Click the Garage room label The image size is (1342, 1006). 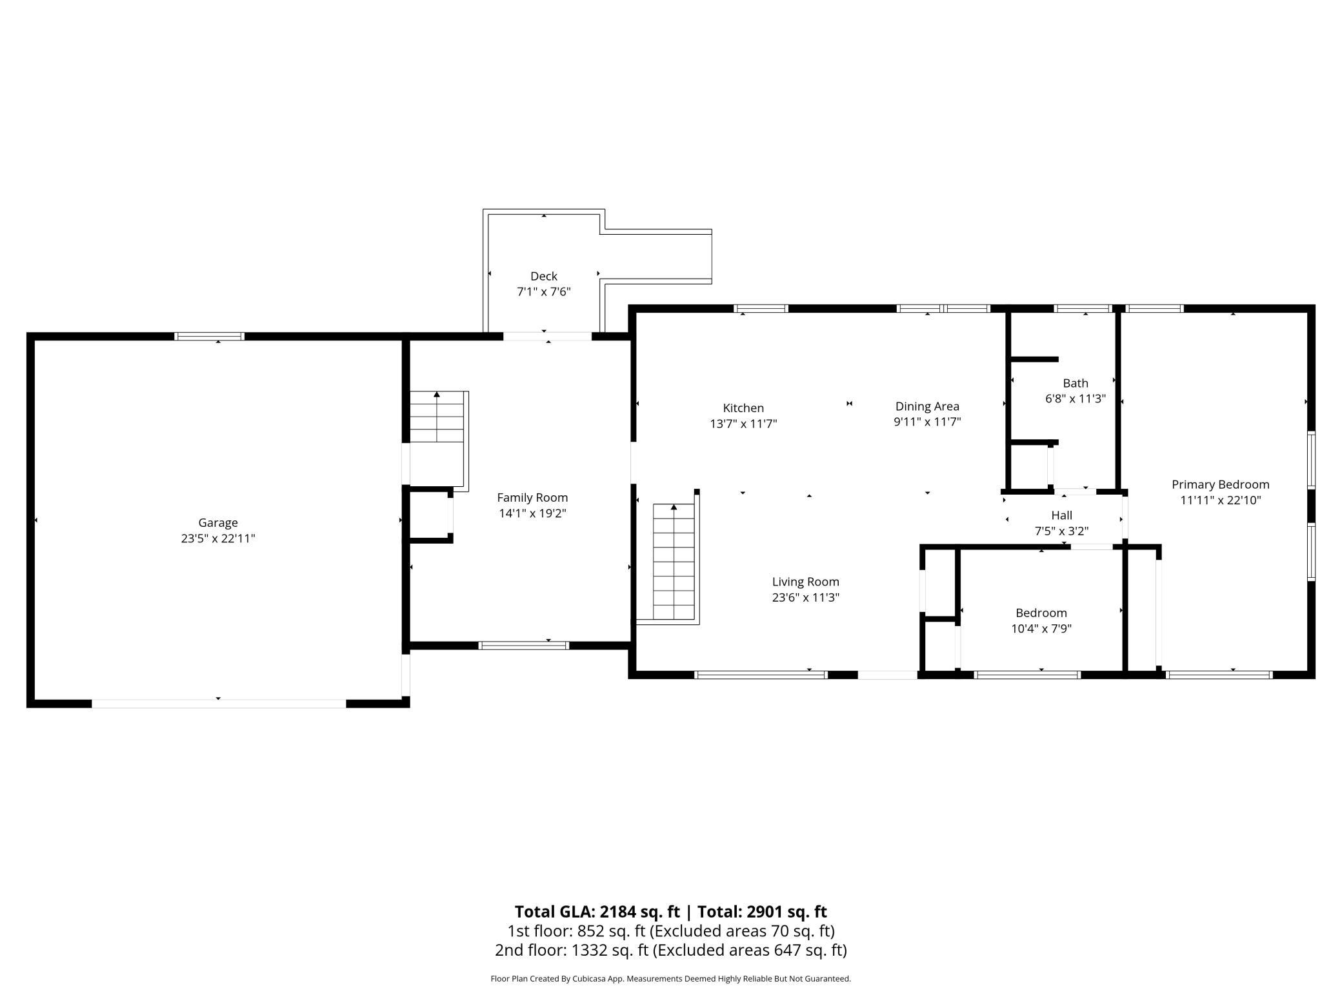[x=218, y=523]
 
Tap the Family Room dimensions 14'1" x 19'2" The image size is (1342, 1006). [x=532, y=513]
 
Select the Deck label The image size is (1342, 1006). [x=544, y=276]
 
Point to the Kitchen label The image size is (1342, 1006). [x=743, y=408]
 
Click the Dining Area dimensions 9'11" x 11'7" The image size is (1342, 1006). [x=927, y=422]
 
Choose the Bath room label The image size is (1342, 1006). [x=1076, y=383]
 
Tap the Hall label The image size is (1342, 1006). [x=1061, y=515]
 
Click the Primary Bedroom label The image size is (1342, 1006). [x=1221, y=484]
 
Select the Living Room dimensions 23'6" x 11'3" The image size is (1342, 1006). [x=806, y=597]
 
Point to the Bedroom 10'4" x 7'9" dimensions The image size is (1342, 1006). [x=1041, y=628]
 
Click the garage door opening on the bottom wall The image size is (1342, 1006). [x=219, y=704]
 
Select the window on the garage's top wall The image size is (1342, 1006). [x=210, y=336]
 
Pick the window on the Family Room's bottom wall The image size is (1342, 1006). [x=524, y=646]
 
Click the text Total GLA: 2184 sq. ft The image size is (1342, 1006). [x=597, y=911]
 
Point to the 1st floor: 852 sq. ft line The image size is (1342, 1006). [x=671, y=931]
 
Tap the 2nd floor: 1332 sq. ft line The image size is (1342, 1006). [x=671, y=950]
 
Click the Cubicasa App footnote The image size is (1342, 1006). [x=671, y=978]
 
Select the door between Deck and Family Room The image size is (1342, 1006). [x=547, y=336]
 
